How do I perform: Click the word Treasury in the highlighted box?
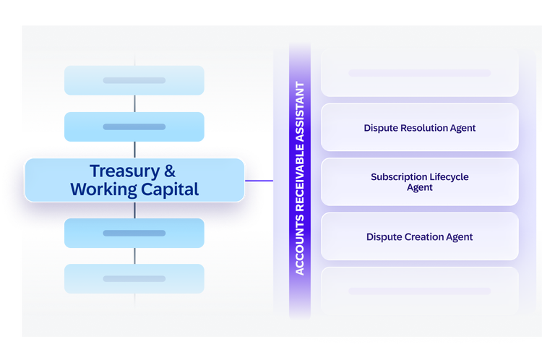pos(124,171)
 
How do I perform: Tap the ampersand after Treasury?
pos(170,171)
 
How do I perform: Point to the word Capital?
pos(170,189)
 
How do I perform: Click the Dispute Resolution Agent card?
pos(420,127)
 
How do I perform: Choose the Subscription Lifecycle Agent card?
pos(420,182)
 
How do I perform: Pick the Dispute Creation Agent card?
pos(420,236)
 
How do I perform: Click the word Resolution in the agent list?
pos(419,128)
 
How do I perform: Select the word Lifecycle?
pos(449,176)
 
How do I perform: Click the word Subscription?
pos(399,177)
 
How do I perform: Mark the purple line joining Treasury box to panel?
pos(259,181)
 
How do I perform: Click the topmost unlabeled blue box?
pos(134,80)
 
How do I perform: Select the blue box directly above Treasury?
pos(134,127)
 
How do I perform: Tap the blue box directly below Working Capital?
pos(134,233)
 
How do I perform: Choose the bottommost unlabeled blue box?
pos(134,279)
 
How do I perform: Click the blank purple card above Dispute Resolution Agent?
pos(420,73)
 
